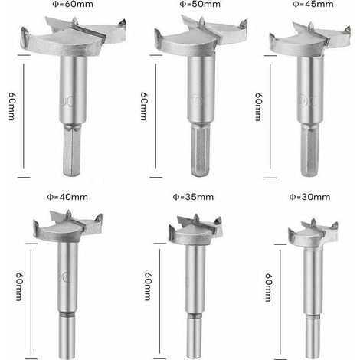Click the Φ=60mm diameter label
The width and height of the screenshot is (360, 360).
[x=73, y=4]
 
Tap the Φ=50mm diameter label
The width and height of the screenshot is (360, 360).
[x=200, y=4]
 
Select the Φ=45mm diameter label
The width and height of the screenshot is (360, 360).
[x=313, y=4]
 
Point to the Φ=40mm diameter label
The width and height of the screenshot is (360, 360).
[x=67, y=197]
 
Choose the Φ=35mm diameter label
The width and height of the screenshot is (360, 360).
[x=193, y=197]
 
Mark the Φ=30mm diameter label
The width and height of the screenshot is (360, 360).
[x=309, y=197]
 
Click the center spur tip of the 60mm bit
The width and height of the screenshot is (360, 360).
[x=74, y=17]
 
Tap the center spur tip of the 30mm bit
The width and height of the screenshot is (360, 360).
[x=313, y=219]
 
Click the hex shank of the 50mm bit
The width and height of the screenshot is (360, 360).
[x=201, y=149]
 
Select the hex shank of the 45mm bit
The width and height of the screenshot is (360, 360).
[x=309, y=151]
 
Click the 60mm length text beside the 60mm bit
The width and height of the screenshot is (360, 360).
[x=12, y=106]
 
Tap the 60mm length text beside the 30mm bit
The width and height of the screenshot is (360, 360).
[x=268, y=287]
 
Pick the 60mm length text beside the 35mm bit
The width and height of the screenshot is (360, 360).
[x=148, y=286]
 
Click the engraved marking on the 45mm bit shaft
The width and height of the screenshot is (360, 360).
[x=308, y=101]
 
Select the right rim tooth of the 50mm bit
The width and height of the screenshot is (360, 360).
[x=244, y=25]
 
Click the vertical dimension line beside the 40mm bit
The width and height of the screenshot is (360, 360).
[x=31, y=301]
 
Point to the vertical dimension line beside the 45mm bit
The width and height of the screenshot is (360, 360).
[x=270, y=116]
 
